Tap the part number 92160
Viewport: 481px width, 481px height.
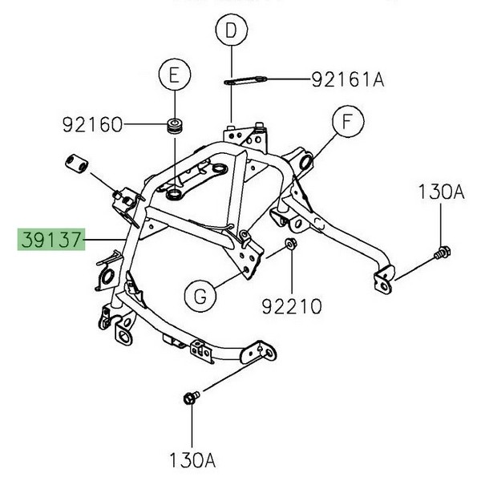pos(91,125)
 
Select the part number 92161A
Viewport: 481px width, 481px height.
pos(348,79)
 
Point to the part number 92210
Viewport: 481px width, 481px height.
pos(291,305)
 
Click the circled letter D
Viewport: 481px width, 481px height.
pos(231,32)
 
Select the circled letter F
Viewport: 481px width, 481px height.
pos(346,123)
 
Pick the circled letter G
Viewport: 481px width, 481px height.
pos(200,296)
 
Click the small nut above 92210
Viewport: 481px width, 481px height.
pos(290,243)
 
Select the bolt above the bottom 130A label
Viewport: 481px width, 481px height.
pos(190,397)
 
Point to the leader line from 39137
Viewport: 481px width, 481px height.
pos(105,239)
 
